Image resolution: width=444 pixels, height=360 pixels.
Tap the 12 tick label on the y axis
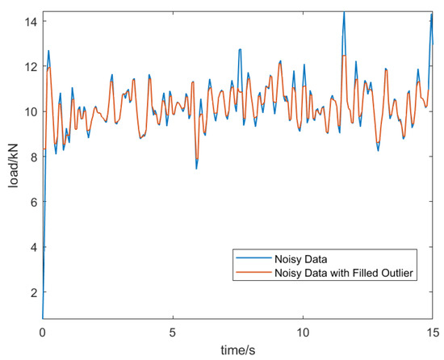click(x=30, y=65)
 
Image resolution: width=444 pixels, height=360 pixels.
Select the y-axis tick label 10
click(x=30, y=111)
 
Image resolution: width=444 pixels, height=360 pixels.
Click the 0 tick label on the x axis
click(x=43, y=331)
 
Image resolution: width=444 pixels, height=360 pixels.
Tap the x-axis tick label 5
click(x=173, y=331)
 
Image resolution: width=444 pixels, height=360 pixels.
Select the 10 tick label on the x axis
click(x=303, y=331)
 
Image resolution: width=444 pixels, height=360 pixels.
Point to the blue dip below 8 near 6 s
click(x=196, y=167)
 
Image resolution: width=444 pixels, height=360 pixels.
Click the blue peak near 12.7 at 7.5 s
click(x=240, y=49)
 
